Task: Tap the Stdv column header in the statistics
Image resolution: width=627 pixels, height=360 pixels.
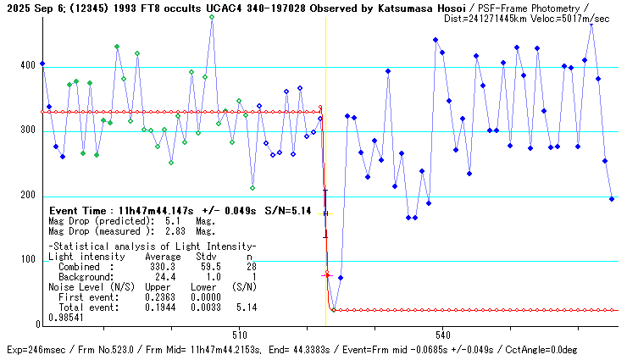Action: tap(207, 256)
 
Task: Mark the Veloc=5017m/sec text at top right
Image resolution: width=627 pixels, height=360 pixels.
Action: tap(580, 18)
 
